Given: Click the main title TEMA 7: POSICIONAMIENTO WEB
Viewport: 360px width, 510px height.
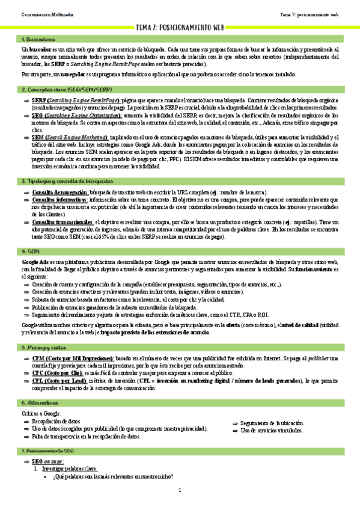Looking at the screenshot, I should pyautogui.click(x=180, y=28).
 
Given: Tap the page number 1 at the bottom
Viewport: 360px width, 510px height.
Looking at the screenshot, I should pyautogui.click(x=180, y=491).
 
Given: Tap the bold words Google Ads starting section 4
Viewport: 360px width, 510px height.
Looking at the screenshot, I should pyautogui.click(x=35, y=263).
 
